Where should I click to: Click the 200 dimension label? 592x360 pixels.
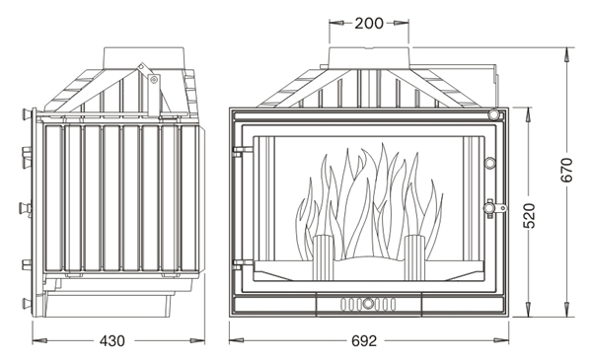point(369,24)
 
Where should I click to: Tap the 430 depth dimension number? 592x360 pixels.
point(112,341)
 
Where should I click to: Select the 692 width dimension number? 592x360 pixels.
point(364,341)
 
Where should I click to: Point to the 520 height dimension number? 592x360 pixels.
point(529,215)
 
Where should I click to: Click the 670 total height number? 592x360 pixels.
point(566,171)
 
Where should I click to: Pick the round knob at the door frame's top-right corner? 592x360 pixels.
point(494,114)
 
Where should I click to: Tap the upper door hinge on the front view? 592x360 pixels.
point(243,151)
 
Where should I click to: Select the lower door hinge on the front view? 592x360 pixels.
point(243,263)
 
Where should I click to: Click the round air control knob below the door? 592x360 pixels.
point(368,304)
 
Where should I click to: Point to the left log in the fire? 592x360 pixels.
point(323,257)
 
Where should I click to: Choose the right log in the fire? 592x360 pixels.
point(415,257)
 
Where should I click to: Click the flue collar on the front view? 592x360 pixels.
point(369,58)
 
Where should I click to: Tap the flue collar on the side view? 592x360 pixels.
point(144,58)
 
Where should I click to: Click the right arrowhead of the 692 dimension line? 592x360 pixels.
point(502,340)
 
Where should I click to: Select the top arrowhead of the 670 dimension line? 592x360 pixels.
point(567,54)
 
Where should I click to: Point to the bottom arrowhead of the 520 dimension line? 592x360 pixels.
point(529,310)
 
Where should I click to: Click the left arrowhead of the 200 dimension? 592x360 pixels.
point(336,23)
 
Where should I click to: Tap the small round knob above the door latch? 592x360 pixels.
point(490,163)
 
